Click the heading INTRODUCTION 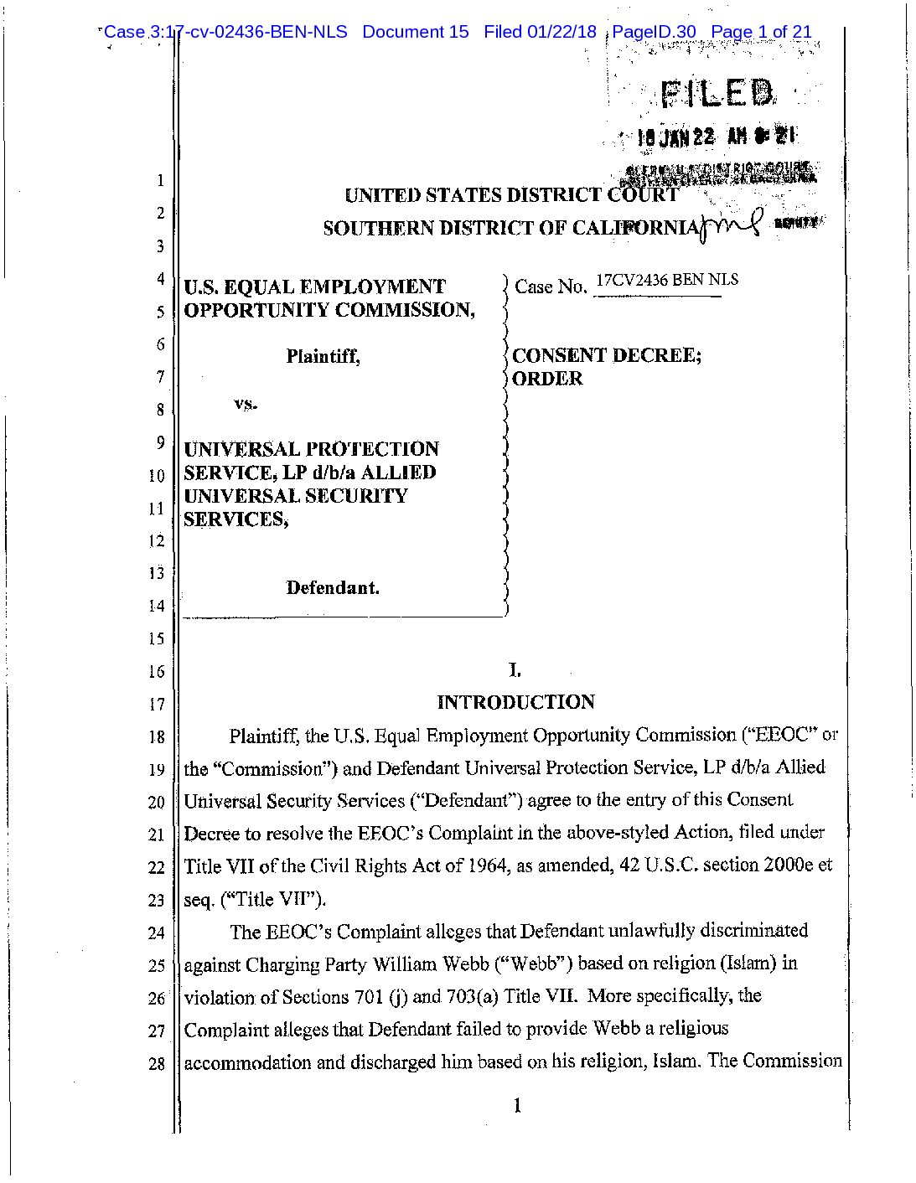[515, 702]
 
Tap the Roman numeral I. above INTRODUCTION [515, 669]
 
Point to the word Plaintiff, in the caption [323, 356]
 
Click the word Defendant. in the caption [333, 587]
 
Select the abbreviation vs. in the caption [246, 405]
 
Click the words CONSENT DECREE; [607, 355]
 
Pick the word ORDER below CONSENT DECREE [547, 379]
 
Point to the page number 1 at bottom [517, 1107]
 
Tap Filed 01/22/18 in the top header [540, 32]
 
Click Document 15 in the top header [415, 32]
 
